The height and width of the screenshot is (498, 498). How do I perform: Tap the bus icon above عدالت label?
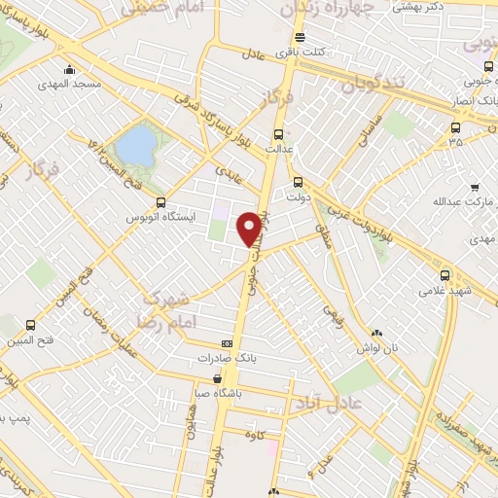point(279,134)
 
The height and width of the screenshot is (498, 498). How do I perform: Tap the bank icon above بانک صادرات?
point(227,343)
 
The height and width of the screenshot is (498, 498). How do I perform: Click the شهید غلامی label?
point(444,290)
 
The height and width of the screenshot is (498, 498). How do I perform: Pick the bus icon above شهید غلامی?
point(445,275)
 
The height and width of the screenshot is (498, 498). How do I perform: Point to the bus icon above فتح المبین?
point(31,325)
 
